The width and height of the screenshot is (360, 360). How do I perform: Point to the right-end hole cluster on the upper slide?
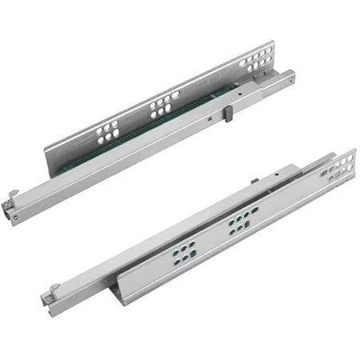[257, 60]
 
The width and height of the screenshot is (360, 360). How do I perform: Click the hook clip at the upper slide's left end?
[12, 196]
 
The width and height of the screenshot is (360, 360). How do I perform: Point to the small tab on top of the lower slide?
[254, 182]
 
